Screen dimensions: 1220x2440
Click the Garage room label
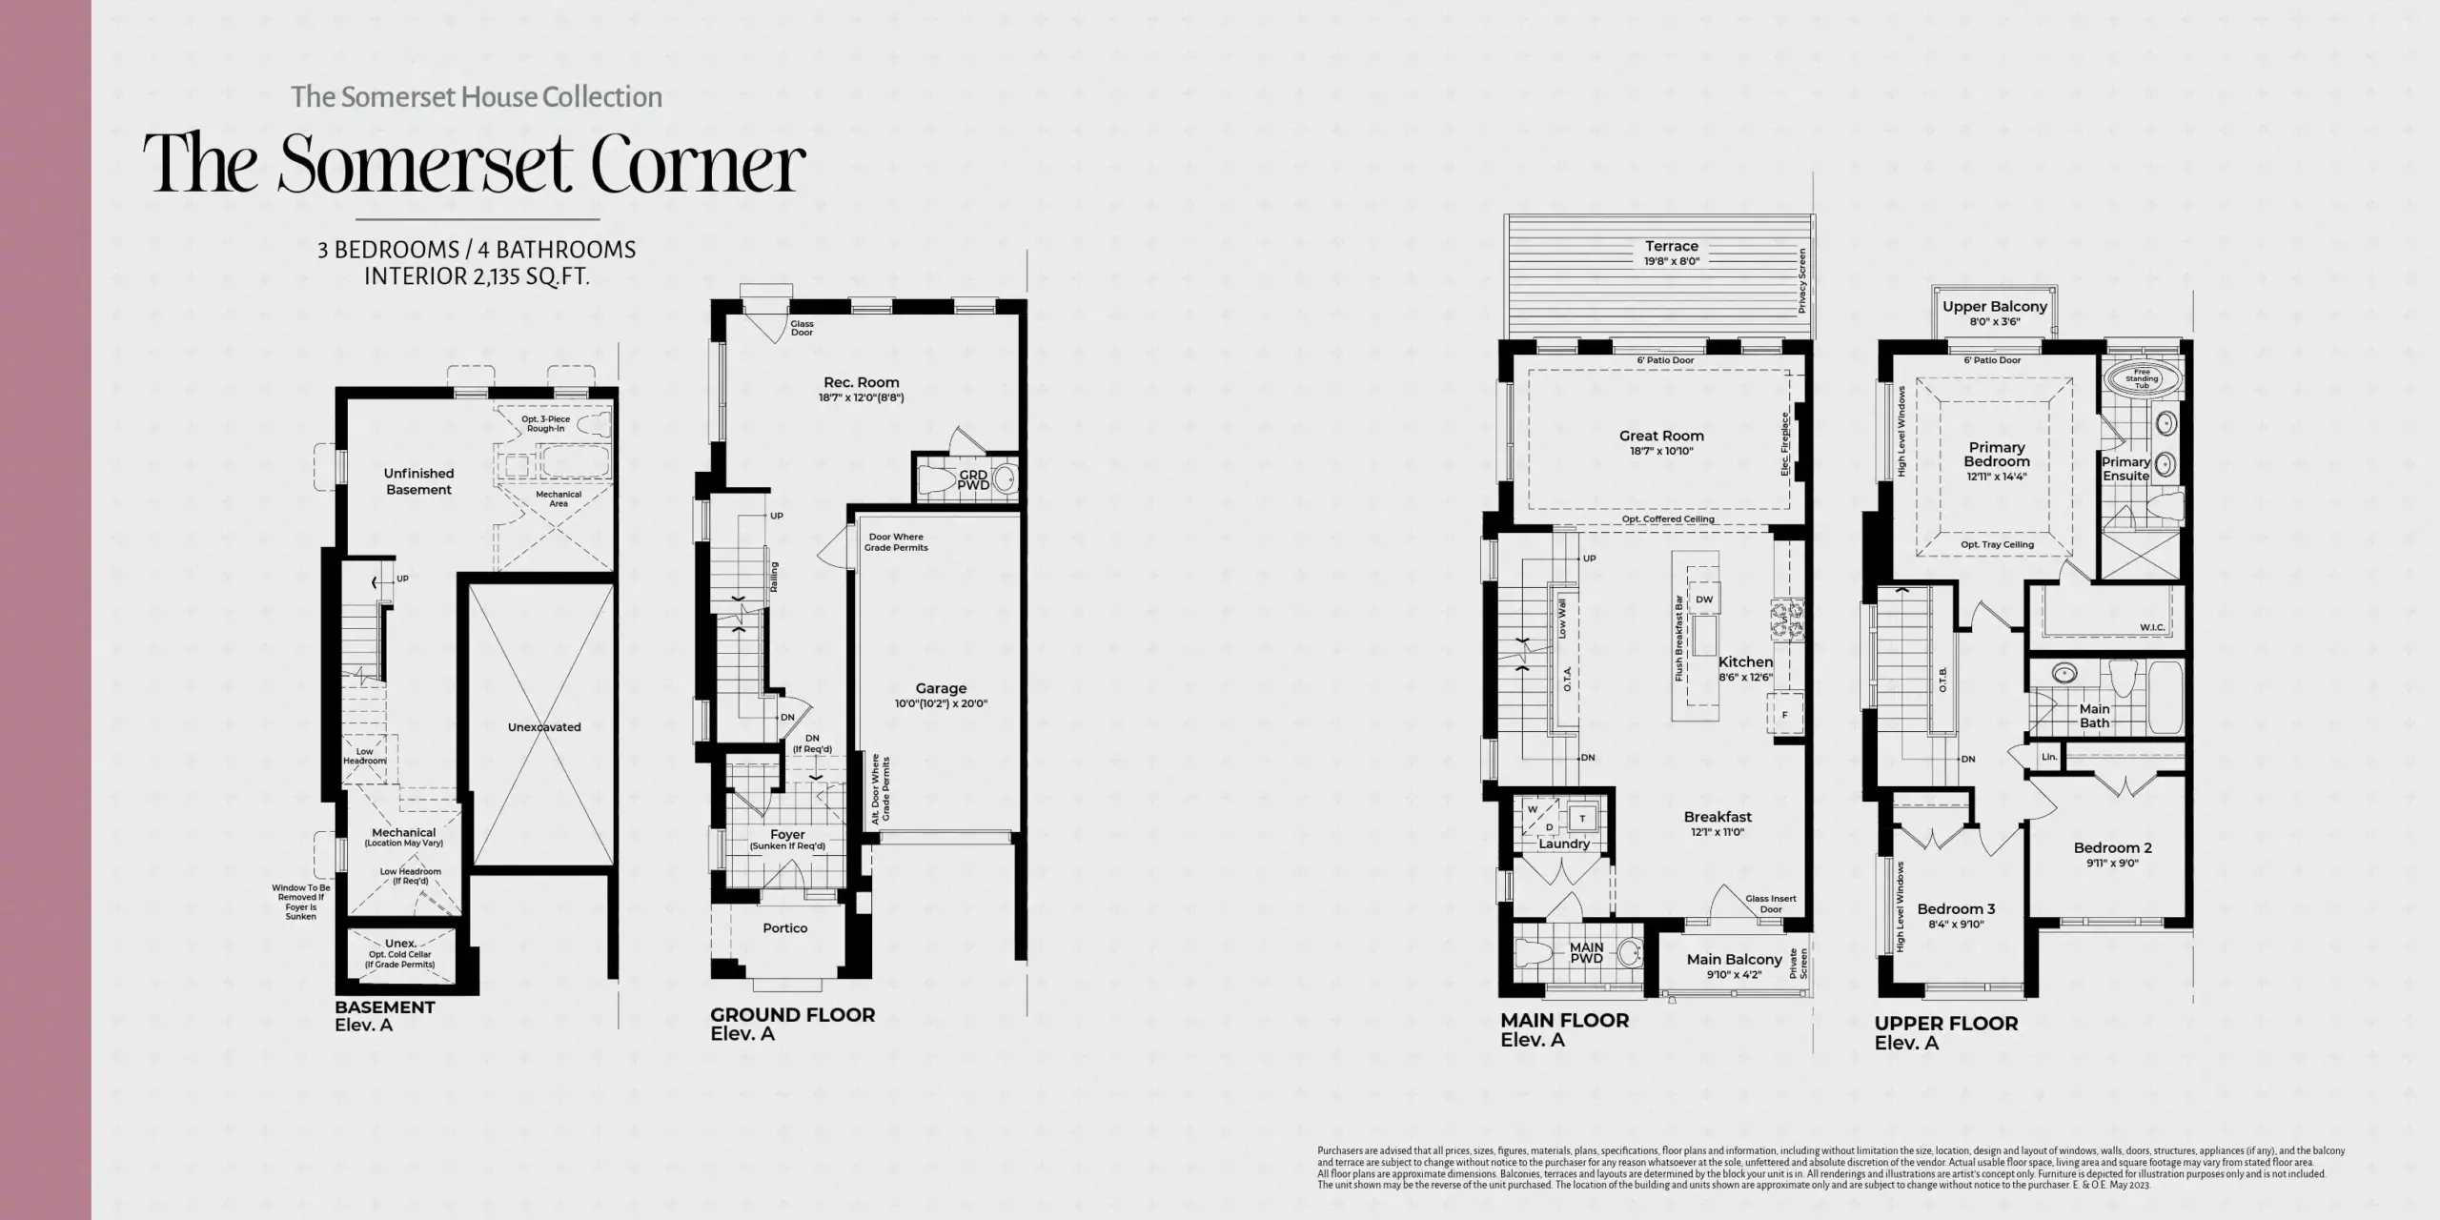(941, 688)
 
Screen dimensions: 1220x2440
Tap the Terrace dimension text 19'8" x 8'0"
(1671, 261)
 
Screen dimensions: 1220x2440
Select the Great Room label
(1661, 436)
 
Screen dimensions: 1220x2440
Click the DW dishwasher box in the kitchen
(1704, 600)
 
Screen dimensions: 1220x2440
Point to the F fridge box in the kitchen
(1784, 715)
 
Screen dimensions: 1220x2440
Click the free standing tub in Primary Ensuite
(2141, 378)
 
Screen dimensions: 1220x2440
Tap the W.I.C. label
(2152, 627)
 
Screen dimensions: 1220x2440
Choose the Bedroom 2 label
(2112, 847)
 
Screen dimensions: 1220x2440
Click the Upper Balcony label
(1995, 307)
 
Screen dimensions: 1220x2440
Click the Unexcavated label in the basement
(544, 727)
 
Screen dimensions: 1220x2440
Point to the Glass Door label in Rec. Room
(802, 328)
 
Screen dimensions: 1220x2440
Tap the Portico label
(784, 928)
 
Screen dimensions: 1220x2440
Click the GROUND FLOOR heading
(792, 1015)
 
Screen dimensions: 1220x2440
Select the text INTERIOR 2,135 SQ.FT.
(477, 277)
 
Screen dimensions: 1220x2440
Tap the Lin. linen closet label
(2049, 757)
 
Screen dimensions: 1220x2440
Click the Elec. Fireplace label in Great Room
(1784, 444)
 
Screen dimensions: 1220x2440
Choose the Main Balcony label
(1734, 960)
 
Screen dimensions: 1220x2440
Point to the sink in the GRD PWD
(1003, 478)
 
